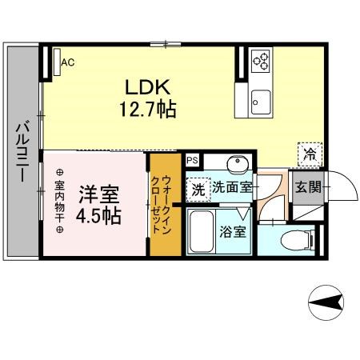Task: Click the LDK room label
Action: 148,87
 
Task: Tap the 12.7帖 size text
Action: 147,110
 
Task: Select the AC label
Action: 68,62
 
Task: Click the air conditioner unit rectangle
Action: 57,62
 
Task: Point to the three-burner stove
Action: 262,61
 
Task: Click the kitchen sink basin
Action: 261,102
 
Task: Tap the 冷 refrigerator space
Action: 310,154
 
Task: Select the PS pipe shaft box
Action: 192,160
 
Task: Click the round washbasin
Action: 238,162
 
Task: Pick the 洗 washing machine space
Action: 198,190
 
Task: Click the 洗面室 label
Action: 232,187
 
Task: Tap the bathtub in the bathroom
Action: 202,231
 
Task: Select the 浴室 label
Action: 233,232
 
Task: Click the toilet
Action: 298,240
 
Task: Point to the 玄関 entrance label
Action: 308,187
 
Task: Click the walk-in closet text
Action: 160,204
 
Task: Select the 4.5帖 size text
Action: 98,216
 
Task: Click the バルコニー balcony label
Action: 22,151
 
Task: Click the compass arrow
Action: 326,302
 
